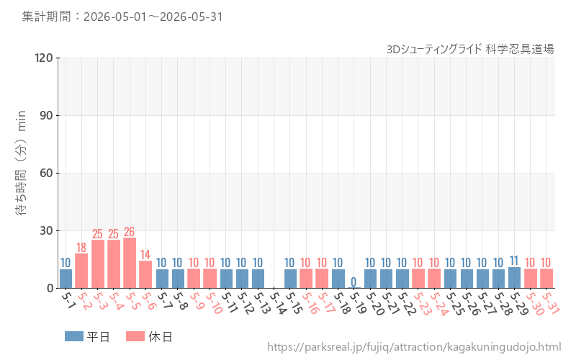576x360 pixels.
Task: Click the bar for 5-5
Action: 130,263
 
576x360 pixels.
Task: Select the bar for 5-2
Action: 81,271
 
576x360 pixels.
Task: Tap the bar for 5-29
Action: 514,278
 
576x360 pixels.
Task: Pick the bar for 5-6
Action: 145,274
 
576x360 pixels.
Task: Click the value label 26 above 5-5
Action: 130,232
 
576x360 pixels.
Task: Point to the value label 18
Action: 81,248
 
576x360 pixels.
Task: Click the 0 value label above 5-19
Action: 354,282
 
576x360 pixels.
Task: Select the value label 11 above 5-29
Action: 514,261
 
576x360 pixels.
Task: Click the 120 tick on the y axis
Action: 44,58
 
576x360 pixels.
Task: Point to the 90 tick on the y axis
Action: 46,115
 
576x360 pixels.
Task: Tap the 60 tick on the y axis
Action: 46,173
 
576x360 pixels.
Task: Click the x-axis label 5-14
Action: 279,302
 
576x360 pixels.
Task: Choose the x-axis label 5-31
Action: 551,302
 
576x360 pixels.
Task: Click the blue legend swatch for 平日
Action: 74,336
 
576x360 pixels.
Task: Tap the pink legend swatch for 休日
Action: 135,336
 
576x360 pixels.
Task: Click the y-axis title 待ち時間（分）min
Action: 21,163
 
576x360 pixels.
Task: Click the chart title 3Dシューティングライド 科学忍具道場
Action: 470,49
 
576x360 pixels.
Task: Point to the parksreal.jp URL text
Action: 414,347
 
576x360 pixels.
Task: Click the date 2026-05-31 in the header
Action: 191,17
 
